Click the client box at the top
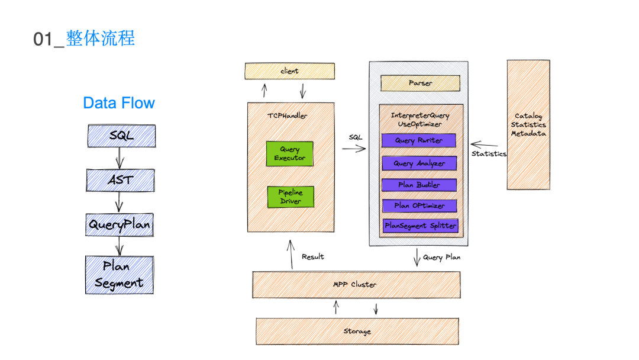289,72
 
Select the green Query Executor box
289,154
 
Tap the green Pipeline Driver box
290,197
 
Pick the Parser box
420,83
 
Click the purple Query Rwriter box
419,141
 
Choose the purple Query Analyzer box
419,163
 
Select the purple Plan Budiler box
419,185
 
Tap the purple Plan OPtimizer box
419,206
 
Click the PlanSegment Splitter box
420,226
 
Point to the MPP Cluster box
356,285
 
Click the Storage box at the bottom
357,332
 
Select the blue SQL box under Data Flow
121,136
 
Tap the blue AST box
121,180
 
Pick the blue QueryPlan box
120,225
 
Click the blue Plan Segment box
120,275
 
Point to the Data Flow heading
119,103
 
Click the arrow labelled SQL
354,149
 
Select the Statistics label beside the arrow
489,154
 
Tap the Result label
313,257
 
